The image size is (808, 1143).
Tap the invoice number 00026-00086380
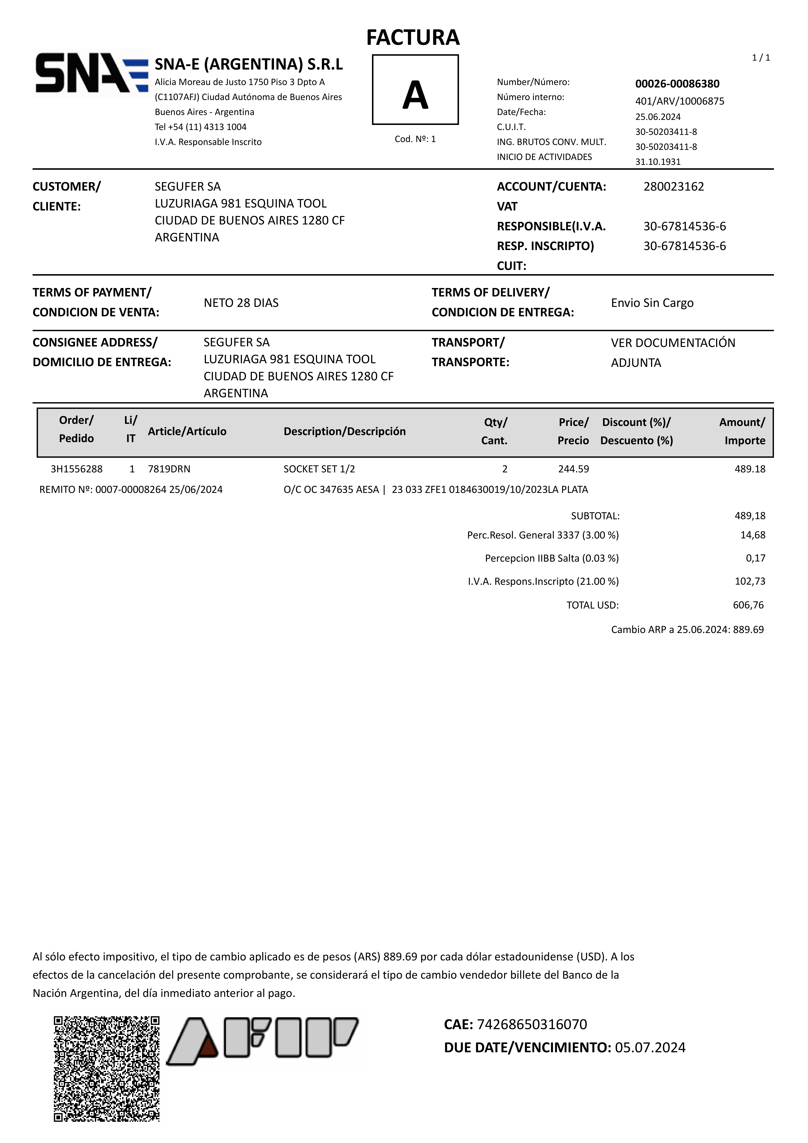(677, 84)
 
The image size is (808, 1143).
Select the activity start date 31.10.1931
(658, 162)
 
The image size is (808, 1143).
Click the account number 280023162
(674, 187)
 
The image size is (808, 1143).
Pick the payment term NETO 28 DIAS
(241, 303)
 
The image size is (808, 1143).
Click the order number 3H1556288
(77, 469)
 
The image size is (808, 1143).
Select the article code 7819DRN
(169, 469)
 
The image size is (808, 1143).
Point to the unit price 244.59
(574, 469)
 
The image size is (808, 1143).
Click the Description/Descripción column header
(344, 431)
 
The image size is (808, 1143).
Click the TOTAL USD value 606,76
(748, 605)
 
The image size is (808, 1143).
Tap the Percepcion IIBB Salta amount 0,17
(755, 558)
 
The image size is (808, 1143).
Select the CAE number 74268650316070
(532, 1024)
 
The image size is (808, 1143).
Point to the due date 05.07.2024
(650, 1047)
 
